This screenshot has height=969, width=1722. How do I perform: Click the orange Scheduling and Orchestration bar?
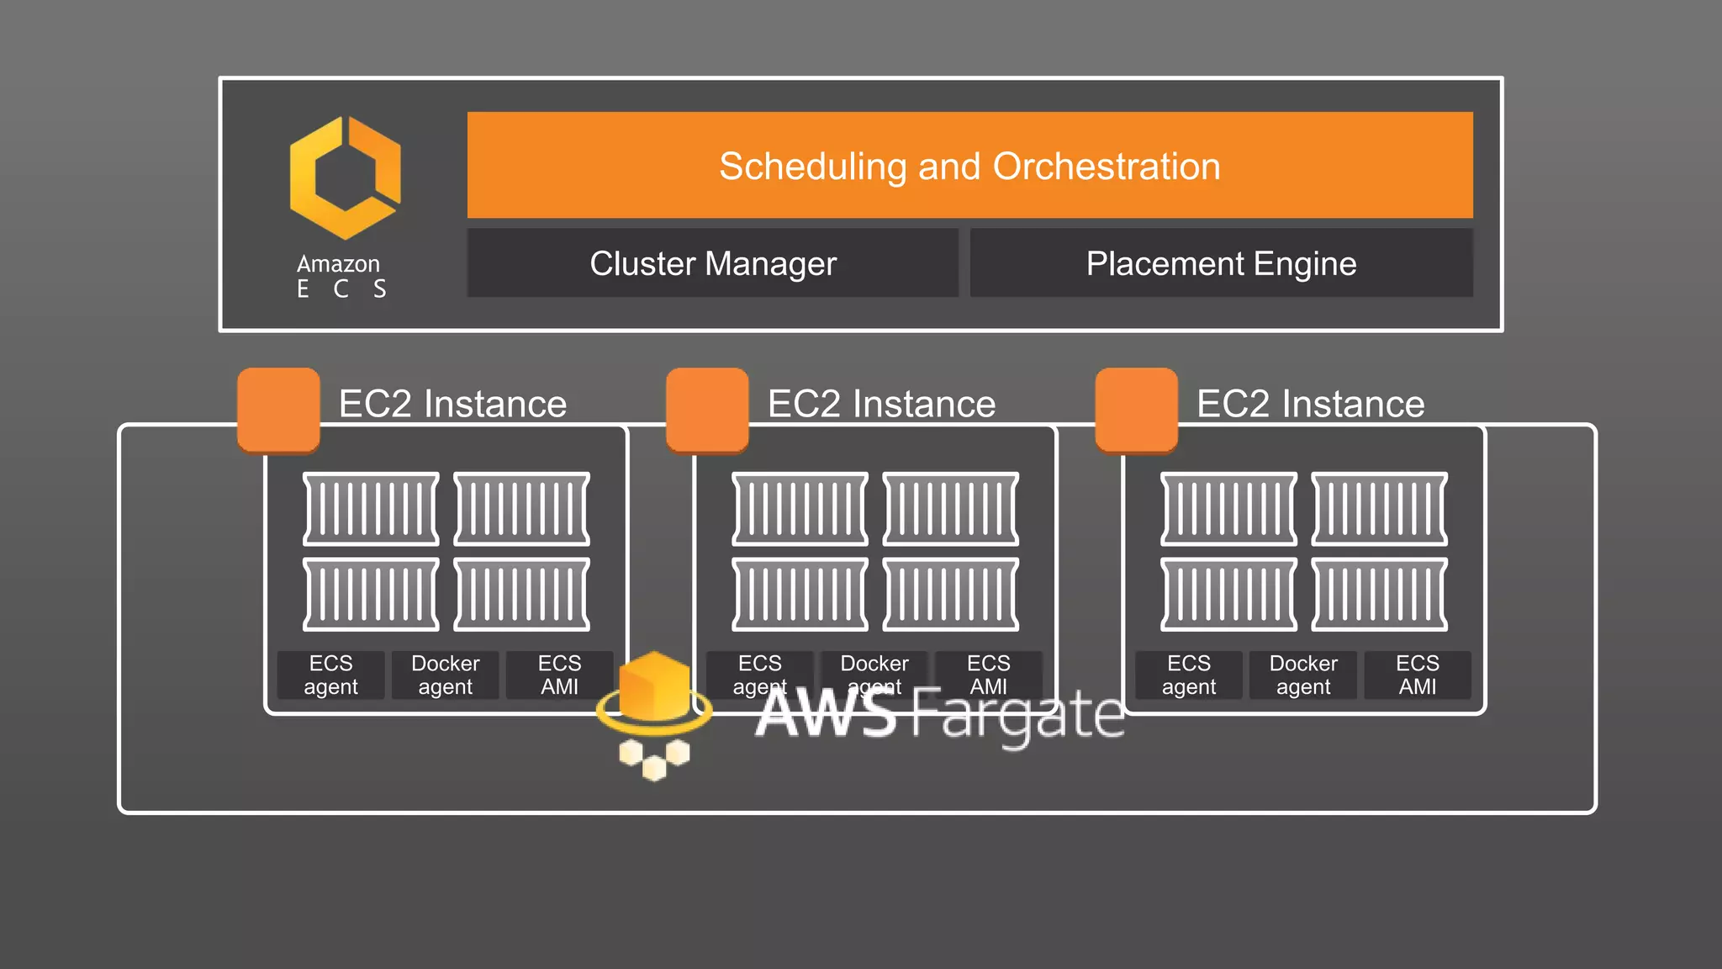pyautogui.click(x=969, y=165)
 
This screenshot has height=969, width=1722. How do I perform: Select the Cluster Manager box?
pyautogui.click(x=712, y=263)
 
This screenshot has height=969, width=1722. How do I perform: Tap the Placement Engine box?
pyautogui.click(x=1221, y=263)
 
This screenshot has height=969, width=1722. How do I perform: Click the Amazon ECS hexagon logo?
pyautogui.click(x=345, y=177)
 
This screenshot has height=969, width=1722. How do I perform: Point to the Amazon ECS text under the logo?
pyautogui.click(x=340, y=276)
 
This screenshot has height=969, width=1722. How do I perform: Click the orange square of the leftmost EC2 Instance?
pyautogui.click(x=278, y=410)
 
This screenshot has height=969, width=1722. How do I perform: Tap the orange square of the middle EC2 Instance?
pyautogui.click(x=707, y=410)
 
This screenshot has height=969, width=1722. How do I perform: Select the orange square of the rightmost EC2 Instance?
pyautogui.click(x=1136, y=410)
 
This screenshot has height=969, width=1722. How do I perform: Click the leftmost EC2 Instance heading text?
pyautogui.click(x=452, y=404)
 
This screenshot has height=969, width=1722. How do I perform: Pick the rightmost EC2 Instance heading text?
pyautogui.click(x=1310, y=404)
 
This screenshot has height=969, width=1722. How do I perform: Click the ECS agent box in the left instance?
pyautogui.click(x=330, y=675)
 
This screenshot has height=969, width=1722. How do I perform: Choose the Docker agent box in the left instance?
pyautogui.click(x=445, y=675)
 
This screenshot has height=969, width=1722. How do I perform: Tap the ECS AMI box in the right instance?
pyautogui.click(x=1417, y=675)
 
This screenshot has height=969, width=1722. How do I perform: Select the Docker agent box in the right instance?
pyautogui.click(x=1302, y=675)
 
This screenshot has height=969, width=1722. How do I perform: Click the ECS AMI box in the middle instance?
pyautogui.click(x=988, y=675)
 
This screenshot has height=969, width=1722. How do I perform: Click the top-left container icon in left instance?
pyautogui.click(x=371, y=509)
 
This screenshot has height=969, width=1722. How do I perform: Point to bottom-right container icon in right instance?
pyautogui.click(x=1379, y=594)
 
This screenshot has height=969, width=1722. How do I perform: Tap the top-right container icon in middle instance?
pyautogui.click(x=950, y=509)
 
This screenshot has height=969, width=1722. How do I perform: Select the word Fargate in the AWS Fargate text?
pyautogui.click(x=1017, y=715)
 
